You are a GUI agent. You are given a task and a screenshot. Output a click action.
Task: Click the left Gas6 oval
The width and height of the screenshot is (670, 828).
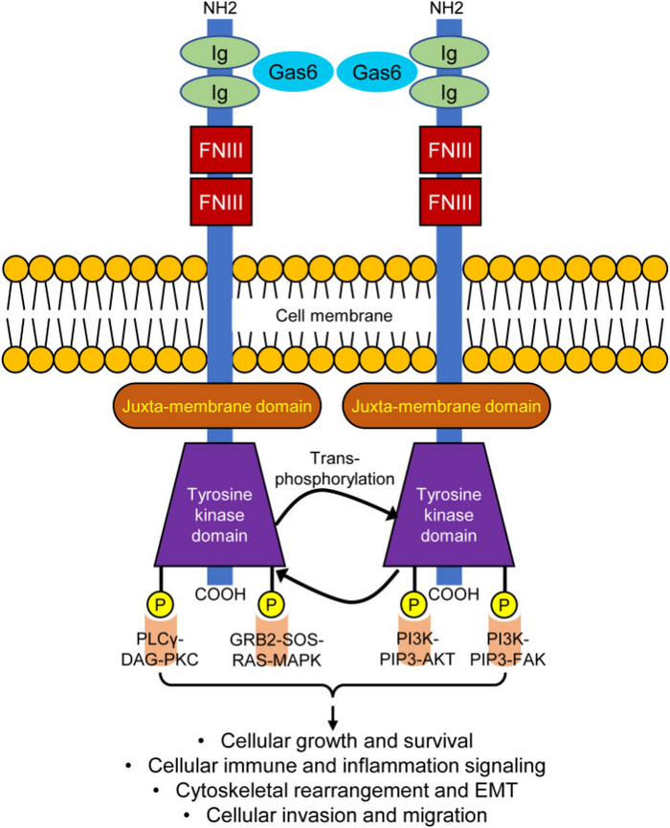pyautogui.click(x=291, y=72)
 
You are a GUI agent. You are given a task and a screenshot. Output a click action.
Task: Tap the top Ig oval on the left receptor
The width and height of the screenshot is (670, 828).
pyautogui.click(x=219, y=52)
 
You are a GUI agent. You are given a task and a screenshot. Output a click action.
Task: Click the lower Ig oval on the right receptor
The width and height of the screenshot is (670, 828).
pyautogui.click(x=448, y=94)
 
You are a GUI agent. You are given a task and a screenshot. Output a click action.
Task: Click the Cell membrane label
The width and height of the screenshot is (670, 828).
pyautogui.click(x=334, y=313)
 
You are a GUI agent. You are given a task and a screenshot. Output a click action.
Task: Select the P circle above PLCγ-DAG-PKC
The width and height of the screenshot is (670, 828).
pyautogui.click(x=157, y=605)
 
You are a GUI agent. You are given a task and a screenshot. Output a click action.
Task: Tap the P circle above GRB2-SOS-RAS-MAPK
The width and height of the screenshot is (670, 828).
pyautogui.click(x=272, y=605)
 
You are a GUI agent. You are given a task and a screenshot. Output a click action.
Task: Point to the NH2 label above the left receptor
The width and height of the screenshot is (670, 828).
pyautogui.click(x=220, y=11)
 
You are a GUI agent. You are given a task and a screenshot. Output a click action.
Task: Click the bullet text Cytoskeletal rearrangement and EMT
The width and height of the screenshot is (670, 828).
pyautogui.click(x=335, y=790)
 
